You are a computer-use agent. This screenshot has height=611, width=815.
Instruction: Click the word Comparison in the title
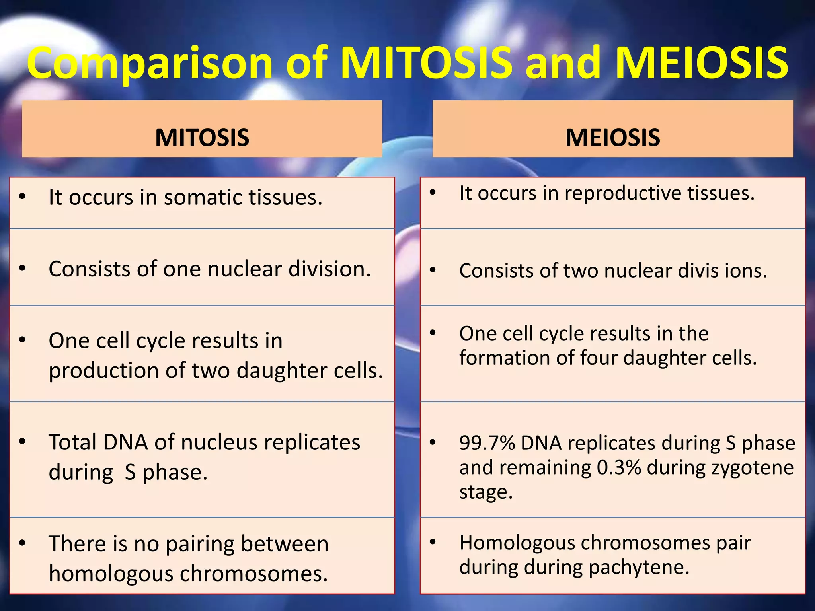tap(149, 64)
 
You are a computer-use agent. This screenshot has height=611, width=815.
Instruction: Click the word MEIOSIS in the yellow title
tap(701, 64)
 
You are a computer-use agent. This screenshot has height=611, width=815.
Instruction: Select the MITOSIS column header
tap(202, 138)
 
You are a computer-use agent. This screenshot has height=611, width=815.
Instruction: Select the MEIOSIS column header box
tap(612, 129)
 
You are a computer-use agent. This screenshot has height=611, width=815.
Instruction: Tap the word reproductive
tap(622, 193)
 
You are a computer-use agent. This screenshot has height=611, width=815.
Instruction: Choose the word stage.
tap(485, 492)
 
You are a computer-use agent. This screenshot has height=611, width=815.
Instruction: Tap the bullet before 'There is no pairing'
tap(22, 543)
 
